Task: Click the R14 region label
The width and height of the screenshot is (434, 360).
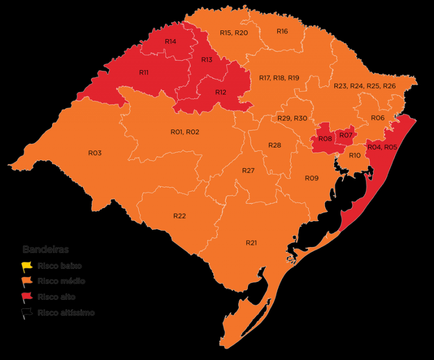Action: pyautogui.click(x=170, y=42)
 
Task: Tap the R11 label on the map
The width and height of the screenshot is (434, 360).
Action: pyautogui.click(x=144, y=72)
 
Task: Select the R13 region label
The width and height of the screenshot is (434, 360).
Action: pyautogui.click(x=207, y=60)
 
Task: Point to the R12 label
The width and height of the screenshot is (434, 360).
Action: pyautogui.click(x=220, y=92)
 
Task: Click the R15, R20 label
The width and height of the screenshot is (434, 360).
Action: pyautogui.click(x=234, y=33)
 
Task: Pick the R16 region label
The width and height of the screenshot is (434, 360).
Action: pyautogui.click(x=282, y=31)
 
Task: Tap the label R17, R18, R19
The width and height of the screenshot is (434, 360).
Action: pyautogui.click(x=279, y=78)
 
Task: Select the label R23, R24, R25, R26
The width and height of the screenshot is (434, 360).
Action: pyautogui.click(x=365, y=86)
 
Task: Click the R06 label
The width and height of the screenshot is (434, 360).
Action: pyautogui.click(x=378, y=118)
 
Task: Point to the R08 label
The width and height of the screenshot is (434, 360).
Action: pyautogui.click(x=325, y=139)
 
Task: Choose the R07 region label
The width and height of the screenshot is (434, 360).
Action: pyautogui.click(x=346, y=135)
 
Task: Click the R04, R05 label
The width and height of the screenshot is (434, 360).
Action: pyautogui.click(x=382, y=147)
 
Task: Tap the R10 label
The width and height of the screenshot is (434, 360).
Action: pyautogui.click(x=355, y=156)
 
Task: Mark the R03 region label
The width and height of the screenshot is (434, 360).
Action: pyautogui.click(x=95, y=153)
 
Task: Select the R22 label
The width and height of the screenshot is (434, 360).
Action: pyautogui.click(x=180, y=216)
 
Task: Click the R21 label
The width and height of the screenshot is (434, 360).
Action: pyautogui.click(x=251, y=243)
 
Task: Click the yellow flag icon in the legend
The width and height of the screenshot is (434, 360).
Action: pyautogui.click(x=27, y=267)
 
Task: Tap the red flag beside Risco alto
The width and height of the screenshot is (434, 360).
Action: pyautogui.click(x=27, y=297)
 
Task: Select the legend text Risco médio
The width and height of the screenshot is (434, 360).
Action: pyautogui.click(x=61, y=281)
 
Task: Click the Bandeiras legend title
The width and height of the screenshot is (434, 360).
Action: pyautogui.click(x=46, y=250)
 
